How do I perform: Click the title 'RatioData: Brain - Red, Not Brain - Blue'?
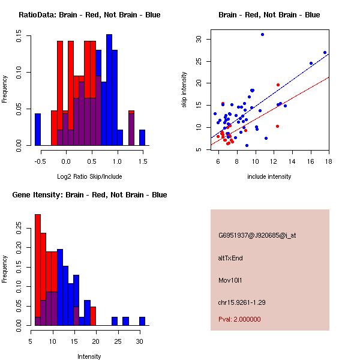point(89,15)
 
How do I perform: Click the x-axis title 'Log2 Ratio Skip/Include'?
point(89,176)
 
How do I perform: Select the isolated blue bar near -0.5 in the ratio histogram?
point(38,129)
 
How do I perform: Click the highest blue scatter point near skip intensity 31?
point(262,35)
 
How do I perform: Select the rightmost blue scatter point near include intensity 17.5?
point(325,53)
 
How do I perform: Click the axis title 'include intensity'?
point(269,176)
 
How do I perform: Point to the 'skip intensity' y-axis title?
point(185,90)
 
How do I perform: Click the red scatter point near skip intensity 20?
point(278,85)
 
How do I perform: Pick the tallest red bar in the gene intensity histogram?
point(38,269)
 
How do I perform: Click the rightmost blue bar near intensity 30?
point(142,321)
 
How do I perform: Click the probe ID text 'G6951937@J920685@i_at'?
point(257,235)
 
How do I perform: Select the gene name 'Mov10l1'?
point(231,280)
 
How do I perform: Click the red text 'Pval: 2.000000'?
point(239,319)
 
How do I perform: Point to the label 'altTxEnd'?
point(230,258)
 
